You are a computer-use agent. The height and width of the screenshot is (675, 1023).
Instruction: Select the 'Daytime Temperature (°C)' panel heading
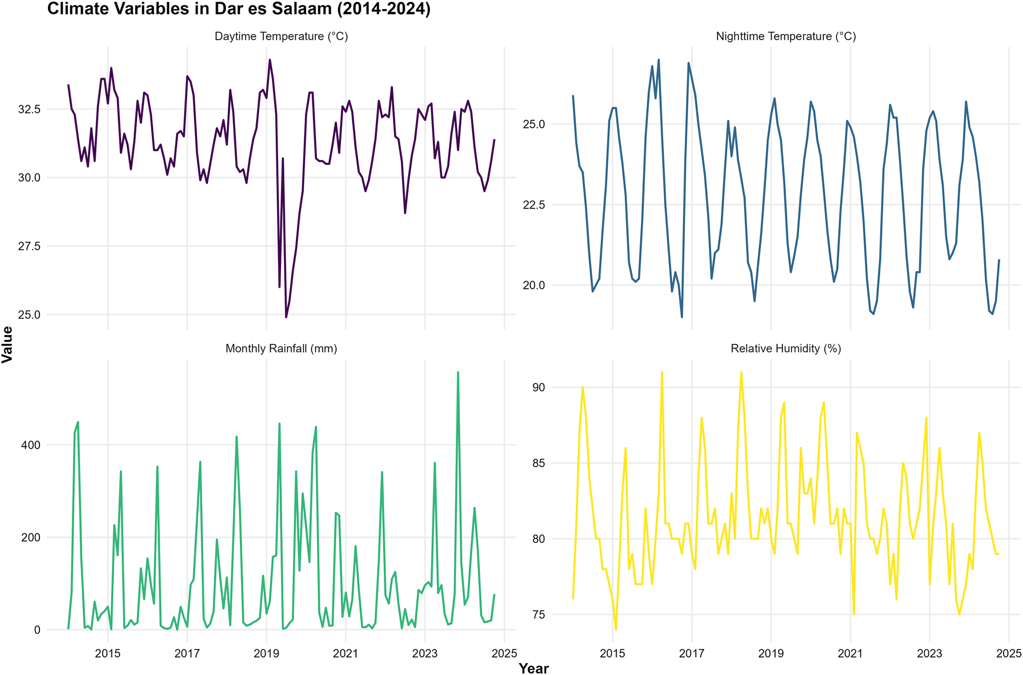coord(282,36)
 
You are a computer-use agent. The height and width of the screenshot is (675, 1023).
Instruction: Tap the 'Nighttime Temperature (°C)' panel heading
coord(786,36)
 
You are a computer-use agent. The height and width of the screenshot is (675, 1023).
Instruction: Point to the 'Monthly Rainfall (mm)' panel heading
coord(282,349)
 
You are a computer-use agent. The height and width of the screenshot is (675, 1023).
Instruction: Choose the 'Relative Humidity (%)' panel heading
coord(786,349)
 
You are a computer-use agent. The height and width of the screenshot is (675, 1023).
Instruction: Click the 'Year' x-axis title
coord(534,668)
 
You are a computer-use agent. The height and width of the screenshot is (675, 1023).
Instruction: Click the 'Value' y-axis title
coord(7,345)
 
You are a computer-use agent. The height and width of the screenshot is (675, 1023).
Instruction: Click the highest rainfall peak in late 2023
coord(458,373)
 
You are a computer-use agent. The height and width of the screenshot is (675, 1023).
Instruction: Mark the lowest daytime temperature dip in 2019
coord(286,317)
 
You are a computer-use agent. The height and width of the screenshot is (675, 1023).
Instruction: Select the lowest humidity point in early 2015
coord(616,629)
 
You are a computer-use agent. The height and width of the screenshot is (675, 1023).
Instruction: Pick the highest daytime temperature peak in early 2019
coord(270,60)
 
